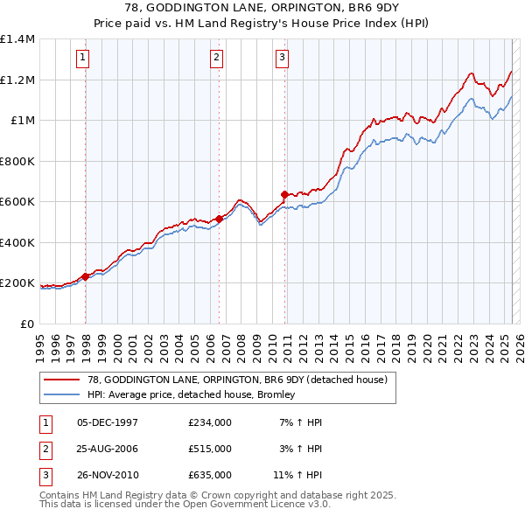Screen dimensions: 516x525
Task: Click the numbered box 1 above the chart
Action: (x=82, y=59)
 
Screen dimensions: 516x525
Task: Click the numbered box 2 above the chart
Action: (x=216, y=59)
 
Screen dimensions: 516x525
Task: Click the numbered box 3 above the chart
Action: (x=283, y=59)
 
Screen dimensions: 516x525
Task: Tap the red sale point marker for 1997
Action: (x=86, y=276)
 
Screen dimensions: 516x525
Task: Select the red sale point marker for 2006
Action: (x=220, y=220)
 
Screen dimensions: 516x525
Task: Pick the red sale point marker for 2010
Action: (x=285, y=195)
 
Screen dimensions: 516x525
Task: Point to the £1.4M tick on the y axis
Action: (x=17, y=39)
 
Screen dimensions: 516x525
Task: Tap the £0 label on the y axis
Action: (x=25, y=324)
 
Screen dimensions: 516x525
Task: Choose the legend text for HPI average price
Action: (x=190, y=394)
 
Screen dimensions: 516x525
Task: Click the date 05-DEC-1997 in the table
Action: (x=108, y=422)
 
